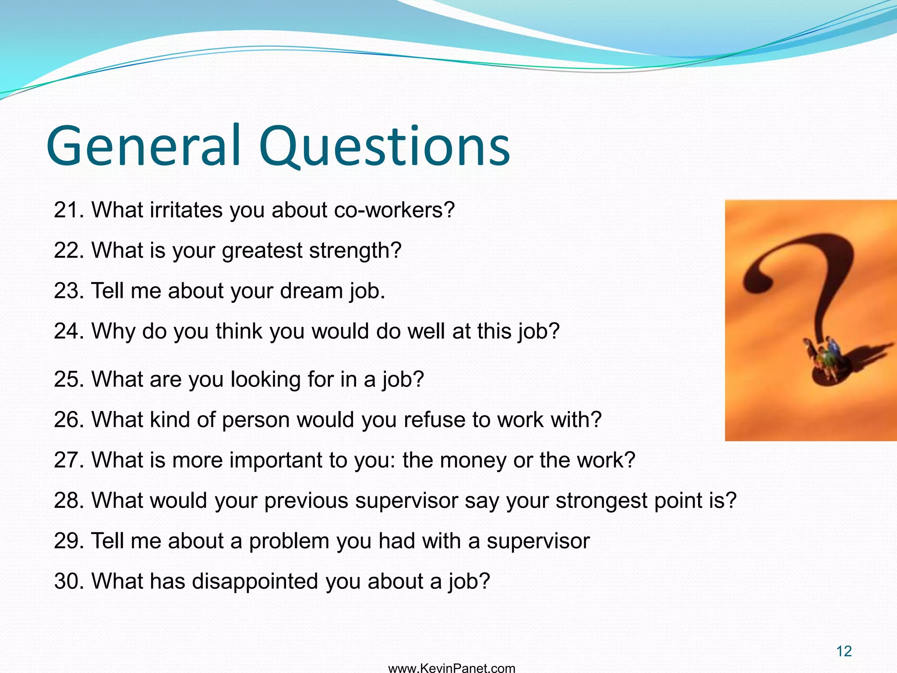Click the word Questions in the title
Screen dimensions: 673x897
click(x=385, y=147)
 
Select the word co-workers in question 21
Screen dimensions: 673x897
click(x=394, y=210)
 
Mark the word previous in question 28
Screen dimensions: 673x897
click(x=306, y=500)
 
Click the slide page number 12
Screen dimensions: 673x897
click(x=844, y=652)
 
